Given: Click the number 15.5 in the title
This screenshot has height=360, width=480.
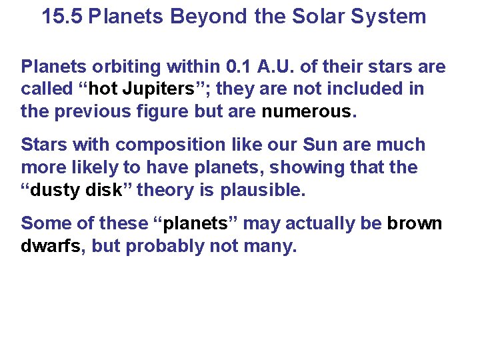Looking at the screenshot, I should (x=62, y=16).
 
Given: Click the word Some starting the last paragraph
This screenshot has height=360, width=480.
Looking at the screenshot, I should (x=43, y=223).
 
